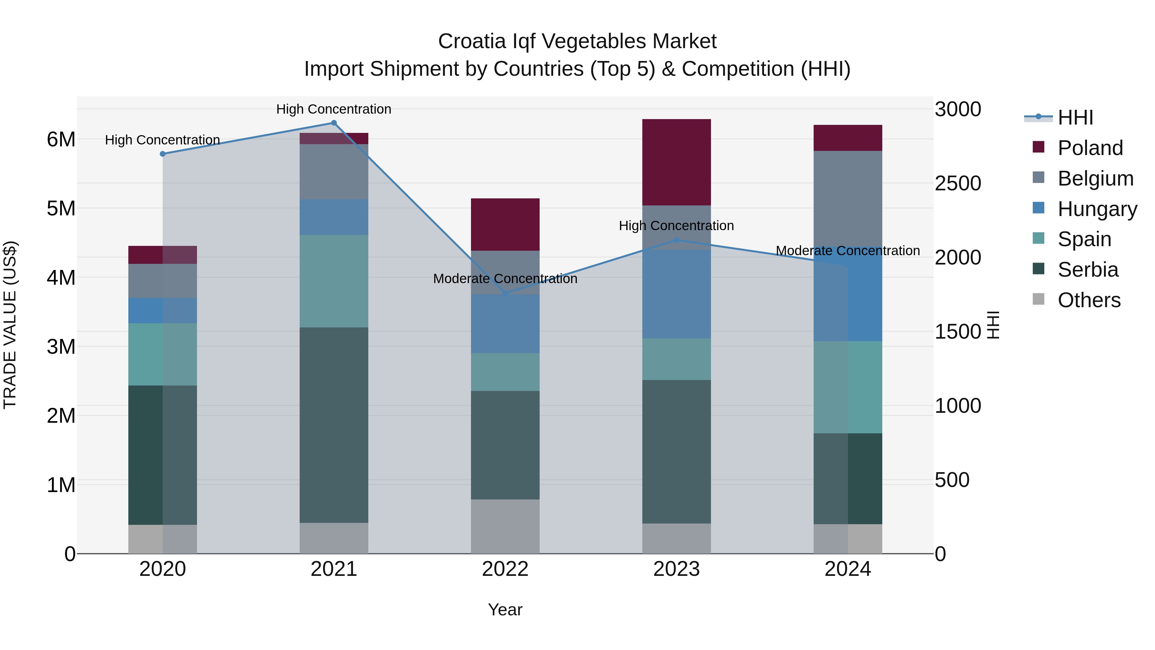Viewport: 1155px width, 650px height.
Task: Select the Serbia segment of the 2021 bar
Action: pos(334,424)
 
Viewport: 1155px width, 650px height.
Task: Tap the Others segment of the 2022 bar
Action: pos(505,526)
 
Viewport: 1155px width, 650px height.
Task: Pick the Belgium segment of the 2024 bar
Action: pos(847,197)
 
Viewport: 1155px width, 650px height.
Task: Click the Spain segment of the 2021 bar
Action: pos(334,281)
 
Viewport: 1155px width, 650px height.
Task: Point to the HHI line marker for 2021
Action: pos(334,123)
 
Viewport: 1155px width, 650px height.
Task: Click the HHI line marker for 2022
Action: pos(505,293)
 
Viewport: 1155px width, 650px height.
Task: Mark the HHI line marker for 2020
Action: pos(163,154)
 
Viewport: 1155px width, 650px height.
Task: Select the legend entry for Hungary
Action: pos(1097,209)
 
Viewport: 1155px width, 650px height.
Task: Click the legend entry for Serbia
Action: pos(1088,270)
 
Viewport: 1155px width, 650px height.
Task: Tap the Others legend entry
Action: pos(1089,300)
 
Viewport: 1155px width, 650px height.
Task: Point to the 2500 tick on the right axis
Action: pos(958,184)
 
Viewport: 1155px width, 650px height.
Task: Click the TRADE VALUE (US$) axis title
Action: pos(10,325)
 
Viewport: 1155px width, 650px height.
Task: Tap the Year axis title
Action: pos(505,610)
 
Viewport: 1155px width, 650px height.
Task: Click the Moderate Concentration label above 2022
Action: pos(505,279)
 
